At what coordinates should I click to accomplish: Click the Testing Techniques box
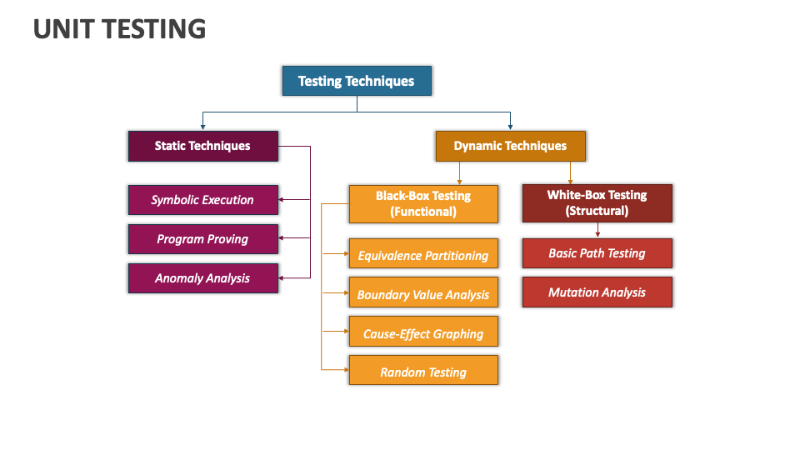[357, 81]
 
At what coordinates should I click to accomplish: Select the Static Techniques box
[203, 146]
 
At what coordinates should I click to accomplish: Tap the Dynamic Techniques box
[511, 146]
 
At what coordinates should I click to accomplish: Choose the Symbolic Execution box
[203, 200]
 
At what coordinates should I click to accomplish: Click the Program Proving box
[203, 239]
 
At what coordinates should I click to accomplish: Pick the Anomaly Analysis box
[203, 278]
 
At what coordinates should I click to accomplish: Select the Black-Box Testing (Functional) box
[423, 204]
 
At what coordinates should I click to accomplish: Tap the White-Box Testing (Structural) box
[597, 203]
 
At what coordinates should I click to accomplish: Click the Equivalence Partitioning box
[423, 253]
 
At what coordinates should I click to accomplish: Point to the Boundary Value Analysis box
[423, 292]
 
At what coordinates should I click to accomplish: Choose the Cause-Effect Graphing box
[423, 332]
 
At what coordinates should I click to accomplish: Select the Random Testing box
[423, 370]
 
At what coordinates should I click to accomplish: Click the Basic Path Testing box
[597, 253]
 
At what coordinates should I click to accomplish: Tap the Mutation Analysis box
[597, 292]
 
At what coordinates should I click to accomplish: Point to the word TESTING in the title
[155, 29]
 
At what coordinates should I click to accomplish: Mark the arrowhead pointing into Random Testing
[347, 369]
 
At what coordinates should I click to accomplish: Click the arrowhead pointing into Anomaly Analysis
[281, 278]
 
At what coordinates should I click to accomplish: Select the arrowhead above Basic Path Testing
[597, 235]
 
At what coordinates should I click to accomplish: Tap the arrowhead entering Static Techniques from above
[203, 127]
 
